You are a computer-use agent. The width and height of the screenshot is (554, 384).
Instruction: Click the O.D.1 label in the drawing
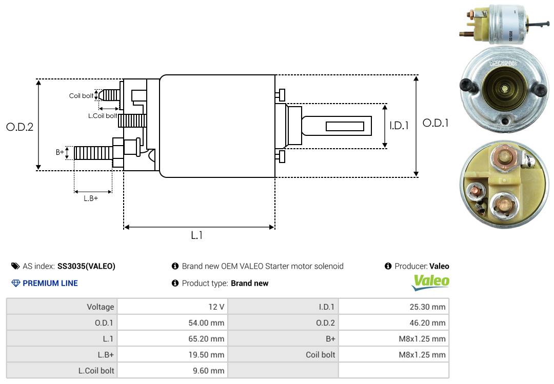pos(436,123)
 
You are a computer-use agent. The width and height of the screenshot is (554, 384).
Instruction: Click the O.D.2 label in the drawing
pos(19,127)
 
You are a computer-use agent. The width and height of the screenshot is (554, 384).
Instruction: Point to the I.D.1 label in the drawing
pos(399,125)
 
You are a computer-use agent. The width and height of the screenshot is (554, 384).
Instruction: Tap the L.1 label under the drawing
pos(197,235)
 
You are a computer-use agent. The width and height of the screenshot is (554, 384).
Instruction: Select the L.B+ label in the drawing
pos(91,198)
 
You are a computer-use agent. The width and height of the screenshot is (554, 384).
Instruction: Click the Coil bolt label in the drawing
pos(81,96)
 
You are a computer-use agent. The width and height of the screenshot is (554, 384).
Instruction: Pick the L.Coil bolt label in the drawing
pos(103,116)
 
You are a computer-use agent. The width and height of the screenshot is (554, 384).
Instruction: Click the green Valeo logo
pos(431,281)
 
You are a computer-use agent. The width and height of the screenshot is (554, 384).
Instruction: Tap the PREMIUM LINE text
pos(50,283)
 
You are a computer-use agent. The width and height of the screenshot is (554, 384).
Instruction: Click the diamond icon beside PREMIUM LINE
pos(15,283)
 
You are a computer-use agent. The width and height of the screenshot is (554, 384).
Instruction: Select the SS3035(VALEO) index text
pos(86,266)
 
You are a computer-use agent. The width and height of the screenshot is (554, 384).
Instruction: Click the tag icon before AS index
pos(15,266)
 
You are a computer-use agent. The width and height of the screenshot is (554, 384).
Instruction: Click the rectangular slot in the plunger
pos(345,126)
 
